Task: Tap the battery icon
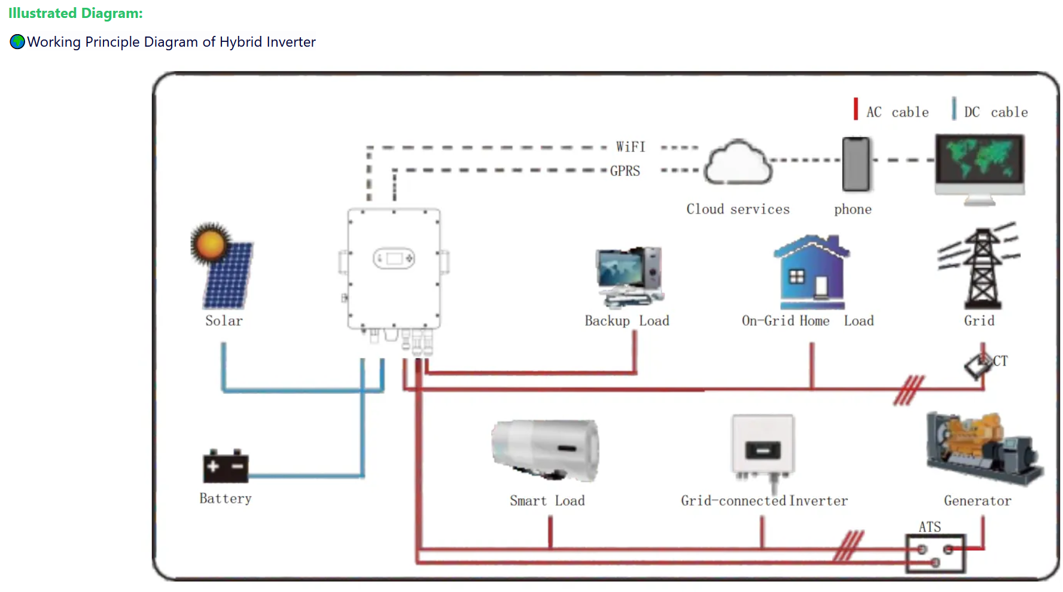226,466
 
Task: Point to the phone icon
856,164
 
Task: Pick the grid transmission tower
980,267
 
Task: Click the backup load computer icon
629,275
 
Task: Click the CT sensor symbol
978,365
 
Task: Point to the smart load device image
545,450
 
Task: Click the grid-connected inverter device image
763,446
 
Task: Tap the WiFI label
631,147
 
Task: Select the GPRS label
625,171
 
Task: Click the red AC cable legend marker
855,109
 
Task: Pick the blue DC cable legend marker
954,109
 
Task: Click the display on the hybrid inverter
394,259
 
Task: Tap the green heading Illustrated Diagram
75,13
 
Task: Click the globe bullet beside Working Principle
17,42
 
